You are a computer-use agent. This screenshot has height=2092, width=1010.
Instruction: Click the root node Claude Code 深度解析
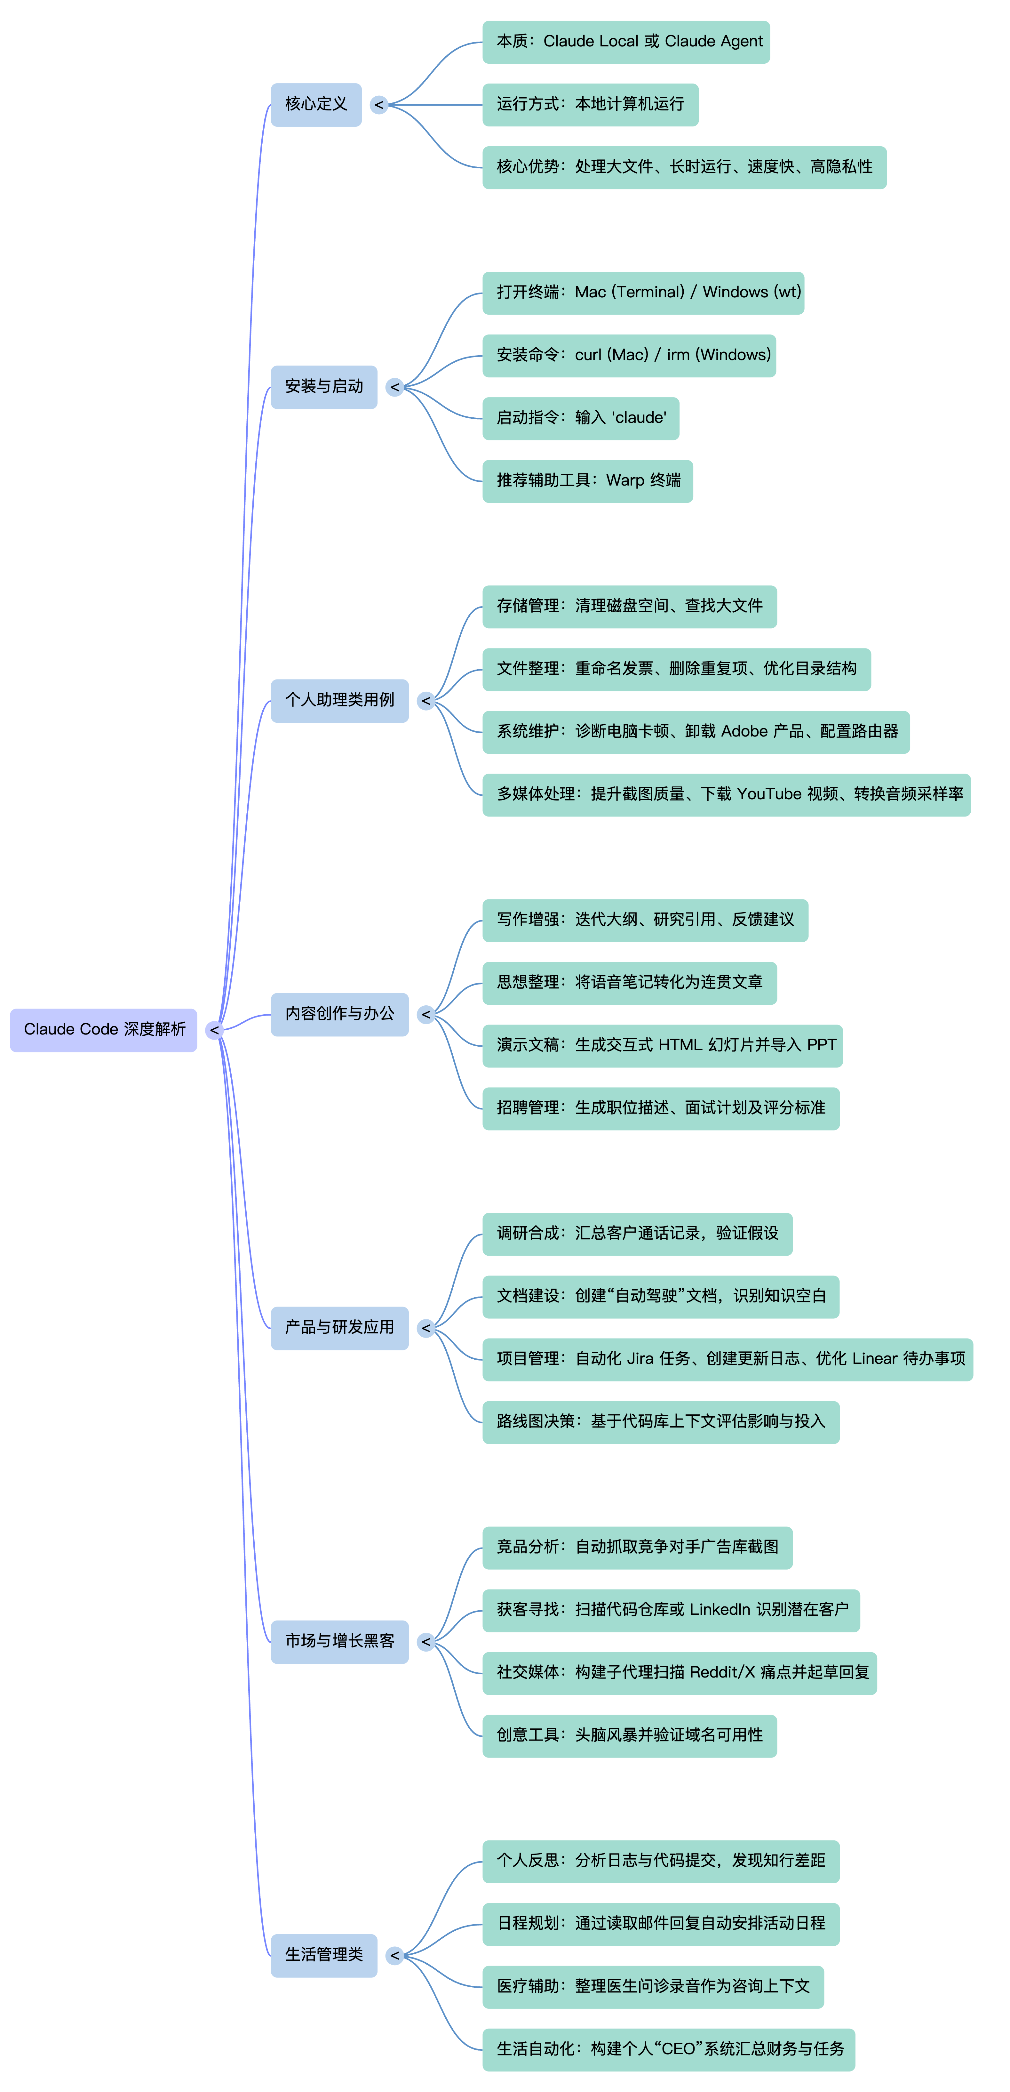click(x=104, y=1030)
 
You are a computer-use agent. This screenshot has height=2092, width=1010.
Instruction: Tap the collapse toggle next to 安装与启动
click(x=394, y=387)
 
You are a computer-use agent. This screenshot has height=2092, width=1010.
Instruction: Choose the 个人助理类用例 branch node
click(x=339, y=700)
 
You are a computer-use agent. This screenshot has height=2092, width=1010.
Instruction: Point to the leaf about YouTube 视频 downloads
click(x=727, y=794)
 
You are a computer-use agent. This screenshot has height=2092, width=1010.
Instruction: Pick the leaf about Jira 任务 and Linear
click(x=728, y=1359)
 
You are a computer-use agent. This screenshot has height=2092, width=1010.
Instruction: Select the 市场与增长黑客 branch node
click(x=339, y=1641)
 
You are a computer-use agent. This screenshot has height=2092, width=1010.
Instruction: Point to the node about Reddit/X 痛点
click(x=680, y=1672)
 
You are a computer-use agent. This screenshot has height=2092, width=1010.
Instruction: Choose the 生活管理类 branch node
click(x=324, y=1955)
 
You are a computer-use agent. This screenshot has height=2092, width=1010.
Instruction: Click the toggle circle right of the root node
click(x=214, y=1030)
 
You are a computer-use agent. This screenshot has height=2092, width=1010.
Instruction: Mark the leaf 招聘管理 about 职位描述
click(x=661, y=1108)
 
